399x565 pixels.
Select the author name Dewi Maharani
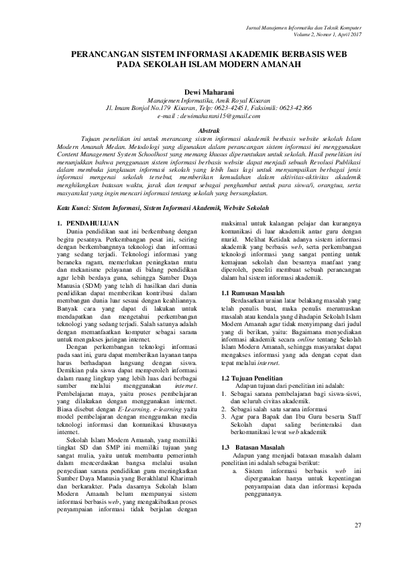coord(199,89)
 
